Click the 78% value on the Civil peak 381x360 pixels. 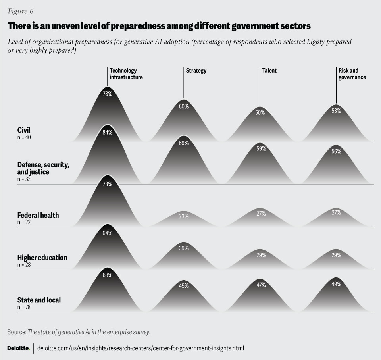tap(108, 94)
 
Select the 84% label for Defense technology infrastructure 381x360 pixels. tap(108, 133)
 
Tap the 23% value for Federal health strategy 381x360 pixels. tap(183, 216)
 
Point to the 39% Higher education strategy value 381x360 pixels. tap(183, 248)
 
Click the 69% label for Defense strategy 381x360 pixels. tap(183, 143)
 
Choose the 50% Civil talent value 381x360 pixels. tap(260, 113)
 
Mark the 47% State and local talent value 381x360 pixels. tap(260, 285)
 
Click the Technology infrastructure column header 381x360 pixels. tap(126, 74)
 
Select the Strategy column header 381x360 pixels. tap(196, 71)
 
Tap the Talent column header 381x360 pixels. tap(269, 71)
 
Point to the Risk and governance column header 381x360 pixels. tap(352, 74)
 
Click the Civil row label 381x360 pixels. tap(24, 130)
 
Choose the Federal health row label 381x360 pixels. tap(38, 215)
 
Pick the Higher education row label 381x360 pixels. tap(42, 258)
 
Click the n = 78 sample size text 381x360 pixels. tap(24, 307)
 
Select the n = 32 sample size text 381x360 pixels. tap(24, 179)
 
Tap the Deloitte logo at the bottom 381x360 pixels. tap(19, 348)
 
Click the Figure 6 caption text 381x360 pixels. tap(20, 11)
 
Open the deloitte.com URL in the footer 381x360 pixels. tap(140, 348)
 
